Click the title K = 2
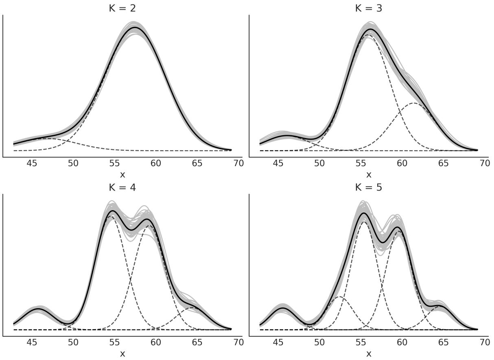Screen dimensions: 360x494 [x=122, y=8]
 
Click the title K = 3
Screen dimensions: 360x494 [x=369, y=8]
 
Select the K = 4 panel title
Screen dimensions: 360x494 [x=122, y=187]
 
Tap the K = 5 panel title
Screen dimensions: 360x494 [x=369, y=187]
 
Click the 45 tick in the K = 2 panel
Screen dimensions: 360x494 [x=32, y=163]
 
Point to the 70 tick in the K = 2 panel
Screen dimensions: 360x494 [x=238, y=163]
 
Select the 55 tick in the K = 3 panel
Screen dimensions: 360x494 [x=361, y=163]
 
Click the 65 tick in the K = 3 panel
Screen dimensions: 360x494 [x=443, y=163]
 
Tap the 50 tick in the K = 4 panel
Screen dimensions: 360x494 [x=73, y=342]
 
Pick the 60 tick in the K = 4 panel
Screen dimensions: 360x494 [x=156, y=342]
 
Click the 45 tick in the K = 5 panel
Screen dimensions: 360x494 [x=278, y=342]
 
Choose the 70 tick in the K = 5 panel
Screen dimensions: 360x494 [x=485, y=342]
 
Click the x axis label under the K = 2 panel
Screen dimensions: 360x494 [x=122, y=174]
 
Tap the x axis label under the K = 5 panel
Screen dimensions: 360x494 [x=369, y=353]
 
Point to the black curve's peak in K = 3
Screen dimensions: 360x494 [x=370, y=29]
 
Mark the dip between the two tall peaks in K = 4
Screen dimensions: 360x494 [x=131, y=230]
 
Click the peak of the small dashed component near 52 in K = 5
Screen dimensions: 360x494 [x=341, y=297]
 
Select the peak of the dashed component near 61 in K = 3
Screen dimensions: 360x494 [x=413, y=103]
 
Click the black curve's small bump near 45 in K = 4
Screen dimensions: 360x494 [x=39, y=309]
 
